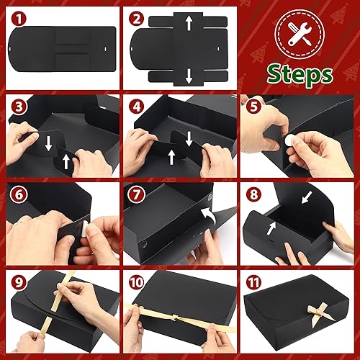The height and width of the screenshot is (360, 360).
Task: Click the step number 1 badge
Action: pos(21,17)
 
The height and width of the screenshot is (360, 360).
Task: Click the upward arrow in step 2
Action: pos(188,24)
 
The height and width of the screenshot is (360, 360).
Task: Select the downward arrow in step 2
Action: pos(188,75)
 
